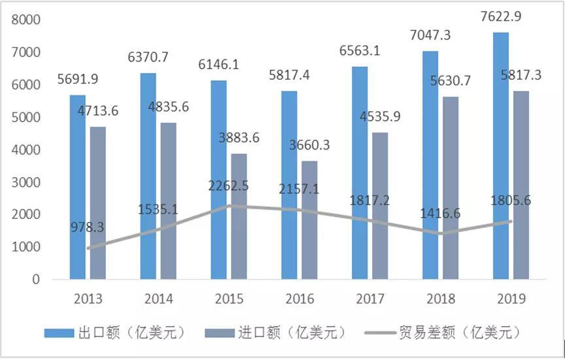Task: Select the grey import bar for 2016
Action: (310, 222)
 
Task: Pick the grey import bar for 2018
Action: (450, 189)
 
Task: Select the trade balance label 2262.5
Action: (226, 186)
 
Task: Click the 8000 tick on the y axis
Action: (26, 20)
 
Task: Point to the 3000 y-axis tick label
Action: (26, 182)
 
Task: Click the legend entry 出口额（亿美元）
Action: (116, 333)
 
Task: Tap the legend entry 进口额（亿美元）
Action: (275, 333)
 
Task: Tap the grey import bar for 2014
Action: (169, 203)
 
